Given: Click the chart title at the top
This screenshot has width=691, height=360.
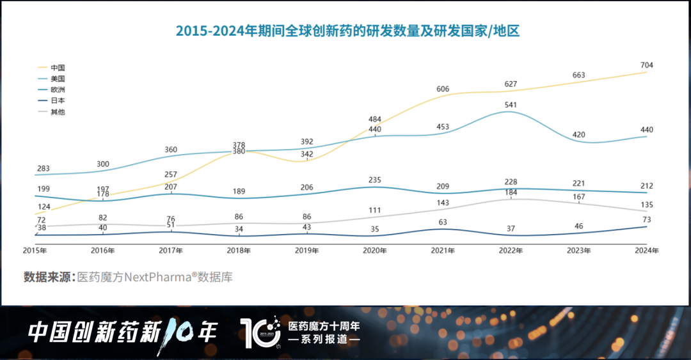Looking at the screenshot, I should tap(347, 31).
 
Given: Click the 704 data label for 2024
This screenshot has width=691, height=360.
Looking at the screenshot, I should tap(646, 65).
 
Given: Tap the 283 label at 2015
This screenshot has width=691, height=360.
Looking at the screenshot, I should tap(43, 169).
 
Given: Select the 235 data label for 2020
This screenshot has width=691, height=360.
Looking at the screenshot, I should tap(374, 180).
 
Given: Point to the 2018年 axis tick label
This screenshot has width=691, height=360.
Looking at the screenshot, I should tap(239, 251).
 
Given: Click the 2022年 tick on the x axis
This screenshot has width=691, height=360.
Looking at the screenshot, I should tap(511, 251).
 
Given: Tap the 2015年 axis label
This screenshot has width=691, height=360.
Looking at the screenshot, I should tap(36, 251).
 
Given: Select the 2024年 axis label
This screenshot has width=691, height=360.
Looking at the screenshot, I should tap(646, 251).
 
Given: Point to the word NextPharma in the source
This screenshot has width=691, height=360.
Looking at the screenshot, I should tap(152, 277).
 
